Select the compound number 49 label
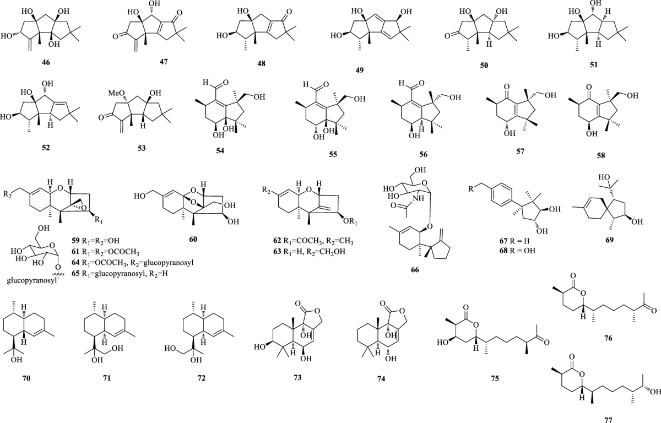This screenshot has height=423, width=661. pyautogui.click(x=361, y=70)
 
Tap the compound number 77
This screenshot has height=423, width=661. pyautogui.click(x=604, y=418)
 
